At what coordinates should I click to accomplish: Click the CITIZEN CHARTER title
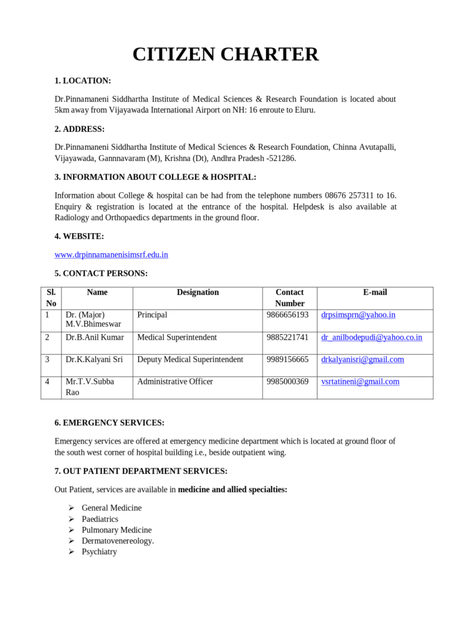tap(225, 54)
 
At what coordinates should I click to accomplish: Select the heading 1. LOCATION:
tap(83, 81)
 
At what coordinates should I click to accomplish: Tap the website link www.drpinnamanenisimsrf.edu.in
tap(112, 254)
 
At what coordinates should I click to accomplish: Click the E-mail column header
tap(375, 292)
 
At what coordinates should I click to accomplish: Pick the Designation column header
tap(197, 292)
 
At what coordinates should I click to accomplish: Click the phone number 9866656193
tap(287, 315)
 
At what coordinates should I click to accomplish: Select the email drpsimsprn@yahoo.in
tap(358, 315)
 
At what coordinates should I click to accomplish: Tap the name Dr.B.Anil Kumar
tap(95, 337)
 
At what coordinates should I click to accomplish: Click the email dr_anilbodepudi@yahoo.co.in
tap(372, 337)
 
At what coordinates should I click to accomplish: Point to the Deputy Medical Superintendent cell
tap(190, 360)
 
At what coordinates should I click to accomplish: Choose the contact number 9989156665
tap(287, 360)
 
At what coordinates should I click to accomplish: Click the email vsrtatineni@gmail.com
tap(360, 382)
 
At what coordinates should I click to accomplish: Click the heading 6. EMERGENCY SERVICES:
tap(110, 423)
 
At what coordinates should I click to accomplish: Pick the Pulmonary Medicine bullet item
tap(116, 530)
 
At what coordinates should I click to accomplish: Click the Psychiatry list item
tap(99, 552)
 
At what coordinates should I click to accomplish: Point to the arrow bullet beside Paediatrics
tap(71, 519)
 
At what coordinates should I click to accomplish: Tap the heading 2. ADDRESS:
tap(80, 129)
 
